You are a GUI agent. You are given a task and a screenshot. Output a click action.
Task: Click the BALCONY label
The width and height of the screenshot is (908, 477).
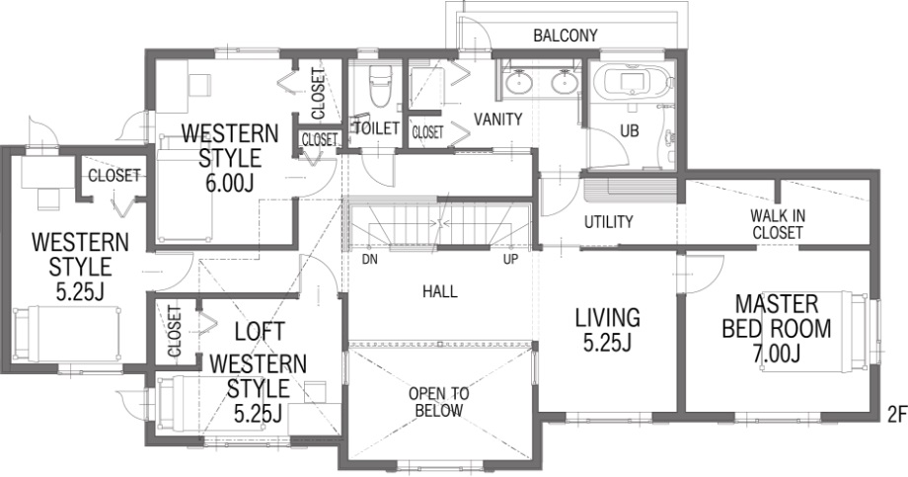pyautogui.click(x=566, y=36)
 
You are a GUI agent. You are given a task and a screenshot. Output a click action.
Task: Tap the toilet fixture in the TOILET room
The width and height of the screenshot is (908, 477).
pyautogui.click(x=380, y=86)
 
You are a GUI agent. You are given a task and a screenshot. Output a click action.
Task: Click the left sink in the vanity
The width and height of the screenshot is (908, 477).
pyautogui.click(x=518, y=82)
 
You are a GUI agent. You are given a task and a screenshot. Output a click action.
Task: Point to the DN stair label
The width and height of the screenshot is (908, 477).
pyautogui.click(x=370, y=259)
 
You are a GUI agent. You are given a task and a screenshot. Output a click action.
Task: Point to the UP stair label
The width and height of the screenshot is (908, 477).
pyautogui.click(x=511, y=259)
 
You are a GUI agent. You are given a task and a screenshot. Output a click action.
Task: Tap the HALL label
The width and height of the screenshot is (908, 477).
pyautogui.click(x=439, y=291)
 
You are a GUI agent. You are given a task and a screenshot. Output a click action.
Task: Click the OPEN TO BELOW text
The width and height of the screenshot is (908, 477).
pyautogui.click(x=439, y=402)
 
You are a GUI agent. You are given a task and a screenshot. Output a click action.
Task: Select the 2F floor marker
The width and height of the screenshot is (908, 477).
pyautogui.click(x=896, y=414)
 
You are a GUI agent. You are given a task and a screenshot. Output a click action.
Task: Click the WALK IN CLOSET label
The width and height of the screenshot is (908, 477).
pyautogui.click(x=777, y=224)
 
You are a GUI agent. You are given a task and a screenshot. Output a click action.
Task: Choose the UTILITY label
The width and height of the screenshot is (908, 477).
pyautogui.click(x=608, y=222)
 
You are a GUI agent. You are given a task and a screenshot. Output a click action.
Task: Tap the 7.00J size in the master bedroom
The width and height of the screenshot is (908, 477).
pyautogui.click(x=776, y=353)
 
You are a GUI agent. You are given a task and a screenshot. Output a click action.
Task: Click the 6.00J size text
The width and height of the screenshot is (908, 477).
pyautogui.click(x=230, y=183)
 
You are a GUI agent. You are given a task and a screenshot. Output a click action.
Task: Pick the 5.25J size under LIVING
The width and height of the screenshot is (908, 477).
pyautogui.click(x=607, y=343)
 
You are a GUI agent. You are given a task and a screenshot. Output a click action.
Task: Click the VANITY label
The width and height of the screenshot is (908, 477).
pyautogui.click(x=498, y=119)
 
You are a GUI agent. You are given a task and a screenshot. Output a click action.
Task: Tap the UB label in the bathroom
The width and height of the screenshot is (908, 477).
pyautogui.click(x=630, y=131)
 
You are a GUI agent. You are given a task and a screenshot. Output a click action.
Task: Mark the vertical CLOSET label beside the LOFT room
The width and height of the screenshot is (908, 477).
pyautogui.click(x=176, y=331)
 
